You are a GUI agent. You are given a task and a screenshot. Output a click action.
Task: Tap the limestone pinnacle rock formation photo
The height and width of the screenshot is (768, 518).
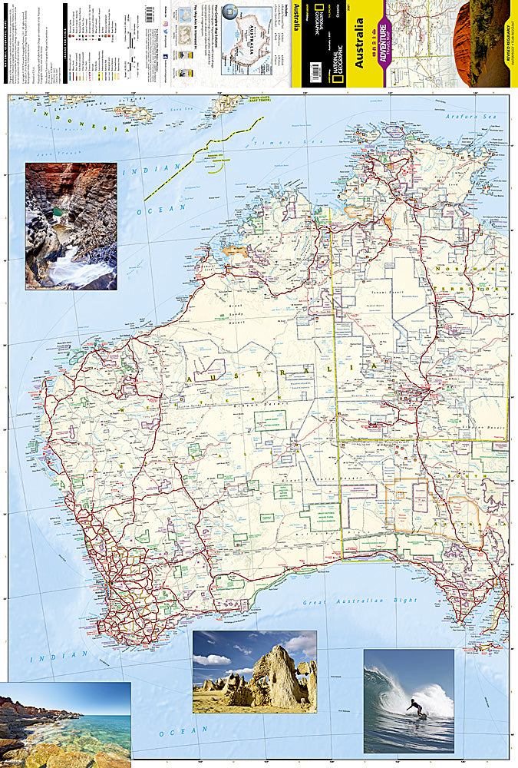click(255, 672)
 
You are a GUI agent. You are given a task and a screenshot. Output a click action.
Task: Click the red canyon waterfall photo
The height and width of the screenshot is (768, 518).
click(71, 226)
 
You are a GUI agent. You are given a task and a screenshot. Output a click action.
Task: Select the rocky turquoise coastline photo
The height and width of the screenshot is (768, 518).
click(65, 725)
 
